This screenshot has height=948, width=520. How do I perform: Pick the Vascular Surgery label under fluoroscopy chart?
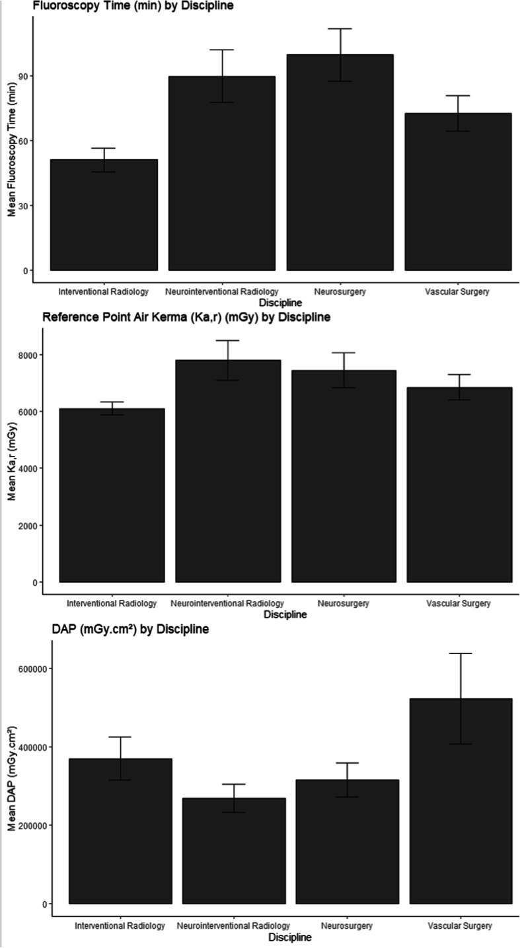coord(458,291)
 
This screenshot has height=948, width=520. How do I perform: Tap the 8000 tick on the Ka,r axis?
coord(27,355)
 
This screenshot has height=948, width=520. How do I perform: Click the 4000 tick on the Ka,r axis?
coord(27,468)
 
